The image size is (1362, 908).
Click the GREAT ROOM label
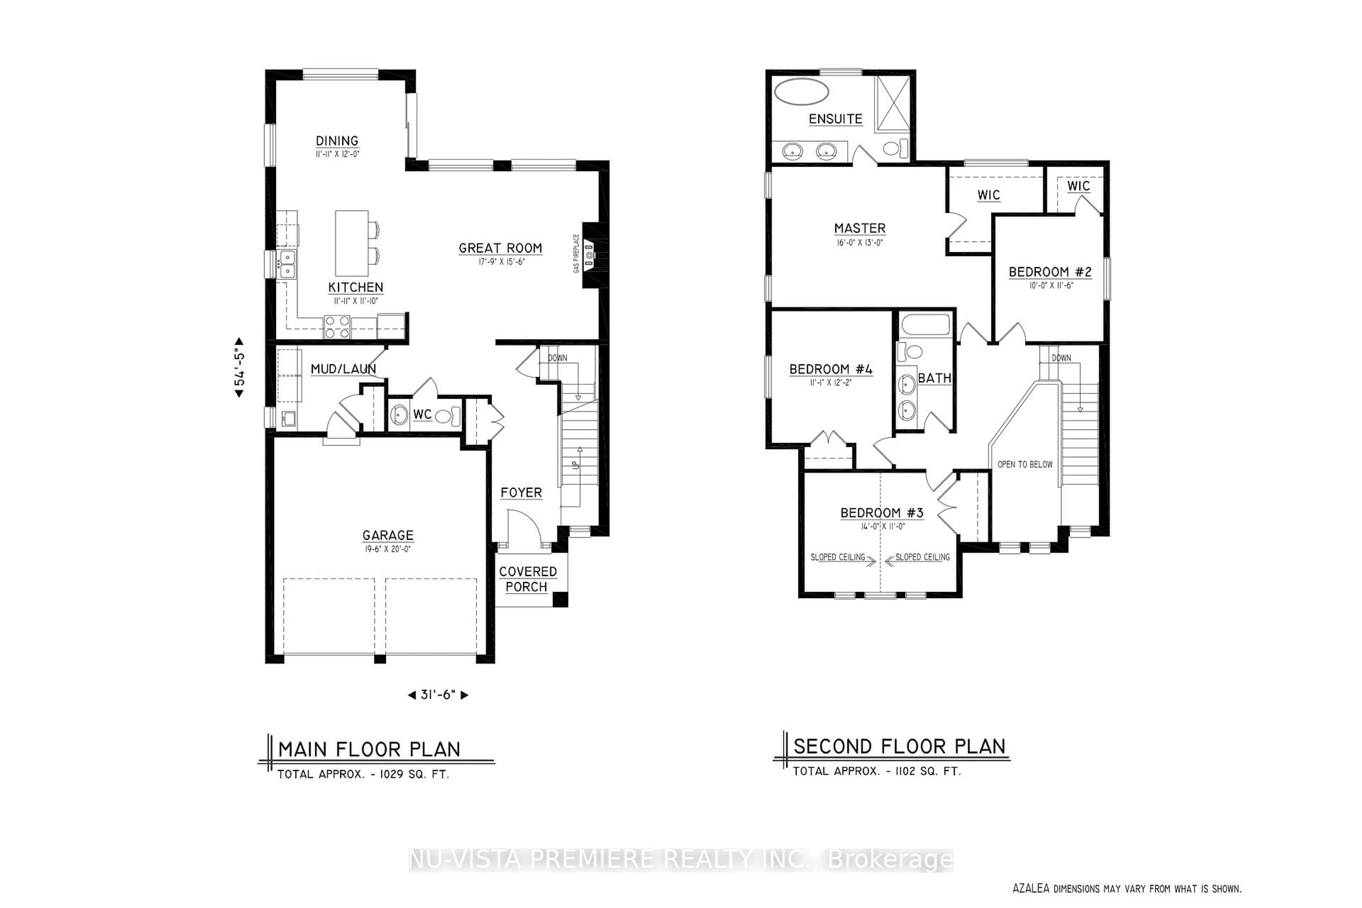[500, 248]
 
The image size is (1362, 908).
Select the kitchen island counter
[351, 243]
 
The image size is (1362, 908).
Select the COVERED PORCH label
[527, 579]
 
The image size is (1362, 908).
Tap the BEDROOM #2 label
[1050, 272]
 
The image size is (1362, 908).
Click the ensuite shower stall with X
[893, 103]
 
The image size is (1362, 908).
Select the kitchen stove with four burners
[337, 327]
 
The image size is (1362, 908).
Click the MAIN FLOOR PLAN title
[369, 749]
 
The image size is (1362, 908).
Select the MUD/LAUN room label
[343, 369]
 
